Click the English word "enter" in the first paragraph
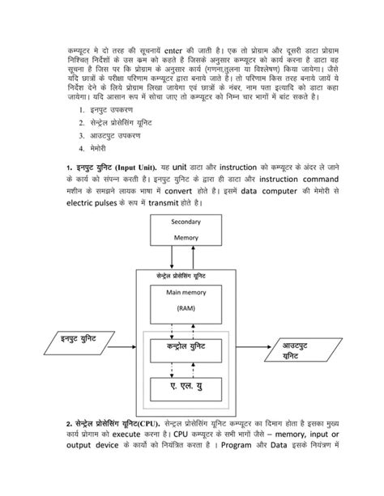tap(186, 52)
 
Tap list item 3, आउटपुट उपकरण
tap(109, 135)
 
